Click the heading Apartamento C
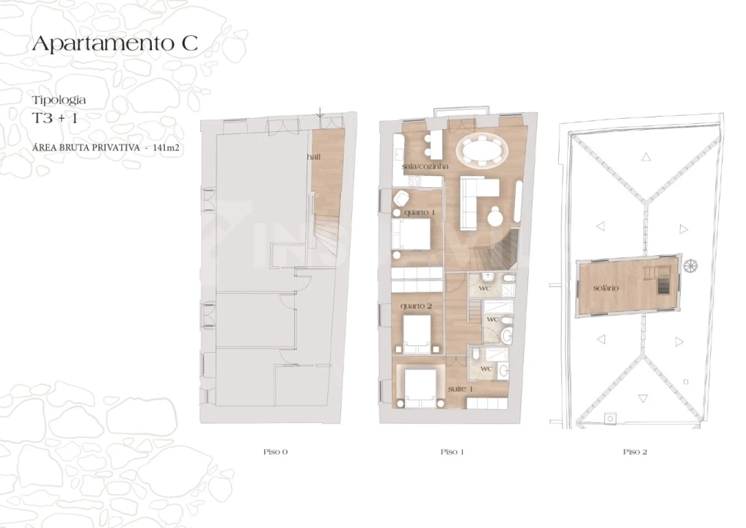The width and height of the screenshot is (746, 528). [114, 43]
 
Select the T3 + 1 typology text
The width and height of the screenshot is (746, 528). [54, 119]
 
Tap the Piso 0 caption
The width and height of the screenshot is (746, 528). [276, 452]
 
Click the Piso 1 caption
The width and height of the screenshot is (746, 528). [452, 452]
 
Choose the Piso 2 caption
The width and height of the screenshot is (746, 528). [635, 452]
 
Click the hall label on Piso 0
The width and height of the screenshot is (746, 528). [314, 157]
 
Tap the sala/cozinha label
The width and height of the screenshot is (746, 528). [425, 166]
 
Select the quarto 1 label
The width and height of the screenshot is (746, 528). [419, 212]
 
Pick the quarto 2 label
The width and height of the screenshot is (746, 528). [416, 306]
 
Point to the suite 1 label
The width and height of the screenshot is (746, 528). [460, 389]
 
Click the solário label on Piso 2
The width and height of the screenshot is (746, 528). [606, 287]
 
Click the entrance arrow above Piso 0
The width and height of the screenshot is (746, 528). [321, 112]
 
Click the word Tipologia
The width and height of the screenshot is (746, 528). [59, 100]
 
